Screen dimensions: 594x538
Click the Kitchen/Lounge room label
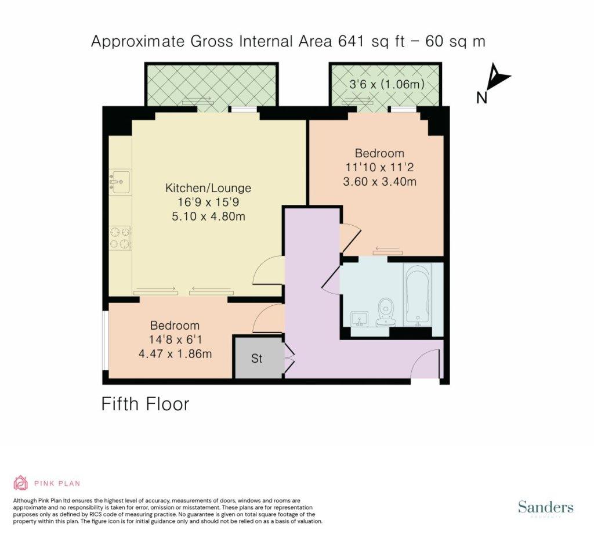208,188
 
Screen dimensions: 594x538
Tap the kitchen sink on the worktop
120,182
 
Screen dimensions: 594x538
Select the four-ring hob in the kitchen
121,238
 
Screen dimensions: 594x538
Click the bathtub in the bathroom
418,295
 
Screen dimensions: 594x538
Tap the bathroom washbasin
360,319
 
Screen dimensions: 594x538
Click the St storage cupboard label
256,358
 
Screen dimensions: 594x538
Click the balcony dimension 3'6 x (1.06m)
386,84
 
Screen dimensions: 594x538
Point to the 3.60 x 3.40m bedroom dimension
379,182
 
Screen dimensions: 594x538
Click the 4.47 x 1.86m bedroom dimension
175,354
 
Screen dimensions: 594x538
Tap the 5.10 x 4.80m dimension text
208,216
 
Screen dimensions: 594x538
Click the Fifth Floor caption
145,404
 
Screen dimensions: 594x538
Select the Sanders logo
545,507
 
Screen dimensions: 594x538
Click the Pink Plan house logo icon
21,483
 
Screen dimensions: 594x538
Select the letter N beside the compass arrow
481,98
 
